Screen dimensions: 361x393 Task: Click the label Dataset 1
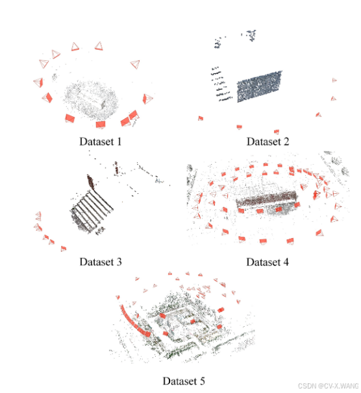101,141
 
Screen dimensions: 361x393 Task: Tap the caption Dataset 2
268,141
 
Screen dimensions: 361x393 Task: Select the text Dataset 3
101,262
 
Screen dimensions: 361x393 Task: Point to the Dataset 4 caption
268,262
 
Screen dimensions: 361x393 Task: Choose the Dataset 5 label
184,381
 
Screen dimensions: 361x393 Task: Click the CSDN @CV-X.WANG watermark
328,386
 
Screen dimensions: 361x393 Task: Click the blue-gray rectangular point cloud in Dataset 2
260,87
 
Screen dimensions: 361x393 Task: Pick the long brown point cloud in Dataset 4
266,199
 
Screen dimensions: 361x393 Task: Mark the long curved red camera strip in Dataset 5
134,321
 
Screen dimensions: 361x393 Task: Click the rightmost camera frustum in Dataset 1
147,99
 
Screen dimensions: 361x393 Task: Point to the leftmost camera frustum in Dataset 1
38,82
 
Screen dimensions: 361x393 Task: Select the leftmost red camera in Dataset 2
201,118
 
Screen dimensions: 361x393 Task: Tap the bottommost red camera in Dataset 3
64,248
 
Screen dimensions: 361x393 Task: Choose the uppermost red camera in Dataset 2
334,80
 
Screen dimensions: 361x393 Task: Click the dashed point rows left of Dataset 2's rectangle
221,84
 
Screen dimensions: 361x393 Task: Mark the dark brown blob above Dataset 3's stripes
90,182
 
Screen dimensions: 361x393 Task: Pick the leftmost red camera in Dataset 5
118,297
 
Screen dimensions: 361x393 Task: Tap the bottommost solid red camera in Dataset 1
101,125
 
